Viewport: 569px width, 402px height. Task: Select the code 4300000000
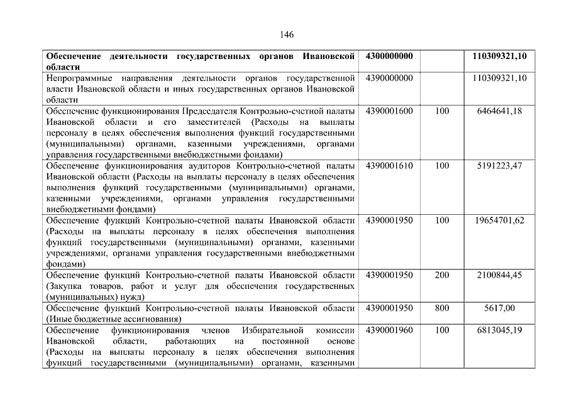coord(389,56)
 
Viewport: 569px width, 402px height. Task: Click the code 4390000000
coord(389,78)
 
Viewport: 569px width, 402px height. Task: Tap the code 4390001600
coord(389,111)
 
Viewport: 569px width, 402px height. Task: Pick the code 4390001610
coord(389,166)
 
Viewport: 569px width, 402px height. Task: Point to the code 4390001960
coord(389,330)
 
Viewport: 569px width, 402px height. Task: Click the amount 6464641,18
coord(499,111)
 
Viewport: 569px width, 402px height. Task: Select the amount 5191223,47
coord(499,166)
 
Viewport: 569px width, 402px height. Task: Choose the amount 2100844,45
coord(499,275)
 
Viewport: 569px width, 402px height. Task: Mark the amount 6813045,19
coord(499,330)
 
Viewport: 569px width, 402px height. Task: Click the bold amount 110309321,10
coord(499,56)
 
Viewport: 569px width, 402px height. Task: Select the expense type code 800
coord(442,308)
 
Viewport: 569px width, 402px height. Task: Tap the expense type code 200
coord(442,275)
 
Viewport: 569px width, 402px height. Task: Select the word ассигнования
coord(135,319)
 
